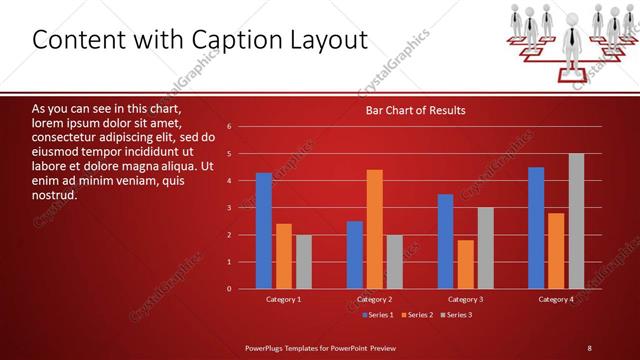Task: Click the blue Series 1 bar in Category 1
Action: [264, 231]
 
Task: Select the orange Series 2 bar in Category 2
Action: [375, 229]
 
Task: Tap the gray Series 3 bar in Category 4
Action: [576, 221]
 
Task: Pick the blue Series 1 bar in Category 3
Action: [446, 241]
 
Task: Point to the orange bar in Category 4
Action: [556, 251]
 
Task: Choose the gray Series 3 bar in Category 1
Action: [303, 262]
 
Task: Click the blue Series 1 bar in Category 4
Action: [536, 228]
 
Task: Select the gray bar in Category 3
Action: [485, 248]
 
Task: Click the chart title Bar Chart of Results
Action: [415, 110]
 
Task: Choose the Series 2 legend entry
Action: [417, 315]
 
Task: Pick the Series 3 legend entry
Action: [457, 315]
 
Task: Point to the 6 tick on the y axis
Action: [229, 127]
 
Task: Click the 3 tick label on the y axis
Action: [229, 208]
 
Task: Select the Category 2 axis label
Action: [374, 299]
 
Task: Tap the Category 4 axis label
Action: [556, 299]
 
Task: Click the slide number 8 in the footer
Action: [589, 347]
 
